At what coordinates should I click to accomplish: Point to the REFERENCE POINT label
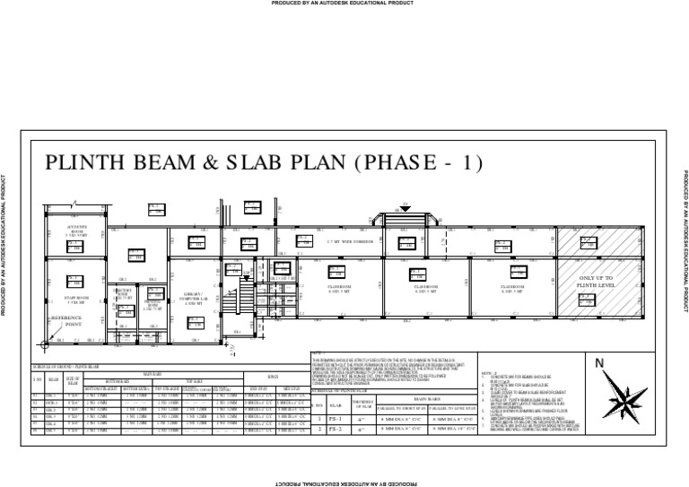click(x=65, y=321)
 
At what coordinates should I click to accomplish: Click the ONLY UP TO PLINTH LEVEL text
click(x=596, y=283)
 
